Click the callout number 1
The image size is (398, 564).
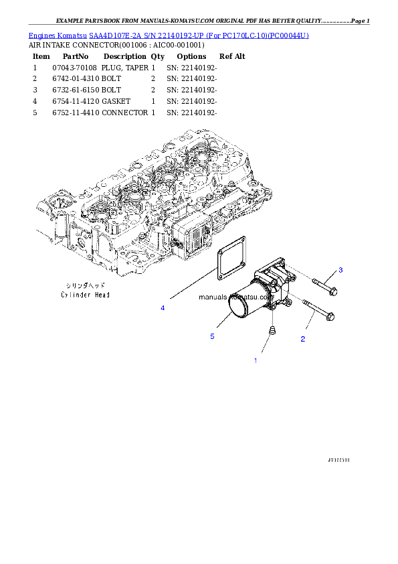point(255,360)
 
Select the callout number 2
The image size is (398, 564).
point(302,339)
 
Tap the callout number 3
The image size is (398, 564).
point(340,270)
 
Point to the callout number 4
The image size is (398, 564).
point(162,307)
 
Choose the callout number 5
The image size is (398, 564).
point(212,336)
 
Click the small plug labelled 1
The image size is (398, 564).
point(272,331)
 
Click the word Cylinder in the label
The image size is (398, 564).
point(75,295)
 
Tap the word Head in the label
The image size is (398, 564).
point(100,295)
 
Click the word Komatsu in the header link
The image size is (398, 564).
point(74,35)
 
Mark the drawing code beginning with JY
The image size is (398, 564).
point(338,460)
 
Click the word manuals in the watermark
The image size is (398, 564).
point(213,295)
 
